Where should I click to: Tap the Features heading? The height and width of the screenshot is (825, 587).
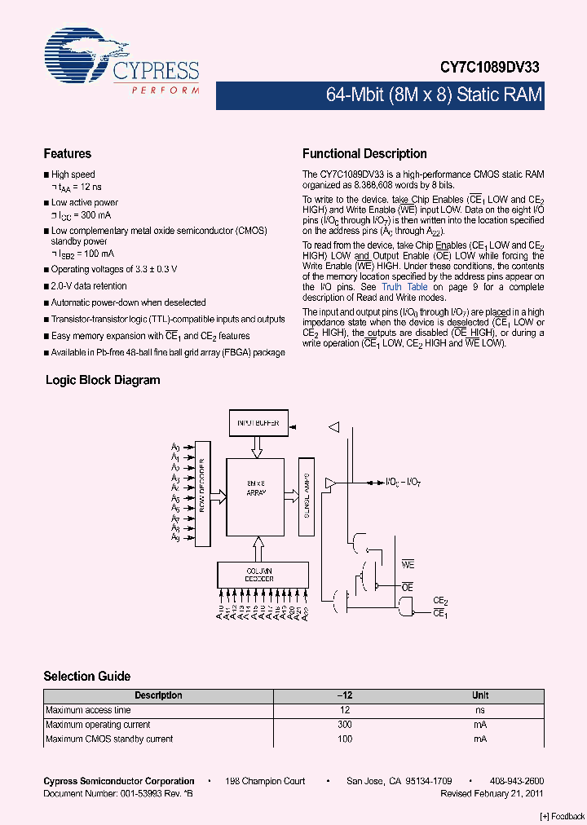tap(67, 153)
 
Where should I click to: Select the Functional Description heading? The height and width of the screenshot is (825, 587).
tap(364, 153)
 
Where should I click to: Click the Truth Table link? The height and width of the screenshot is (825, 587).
tap(404, 287)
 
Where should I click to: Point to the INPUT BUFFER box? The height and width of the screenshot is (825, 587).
tap(258, 423)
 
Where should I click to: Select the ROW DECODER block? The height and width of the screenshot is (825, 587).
tap(202, 494)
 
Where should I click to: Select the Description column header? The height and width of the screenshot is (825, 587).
tap(158, 695)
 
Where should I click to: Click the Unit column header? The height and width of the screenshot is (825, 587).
tap(480, 695)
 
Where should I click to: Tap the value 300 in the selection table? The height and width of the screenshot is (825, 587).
tap(344, 725)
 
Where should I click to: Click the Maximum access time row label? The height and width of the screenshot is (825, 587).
tap(88, 710)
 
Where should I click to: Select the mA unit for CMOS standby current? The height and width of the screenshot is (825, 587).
tap(480, 739)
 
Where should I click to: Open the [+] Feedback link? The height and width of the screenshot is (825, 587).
tap(563, 816)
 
